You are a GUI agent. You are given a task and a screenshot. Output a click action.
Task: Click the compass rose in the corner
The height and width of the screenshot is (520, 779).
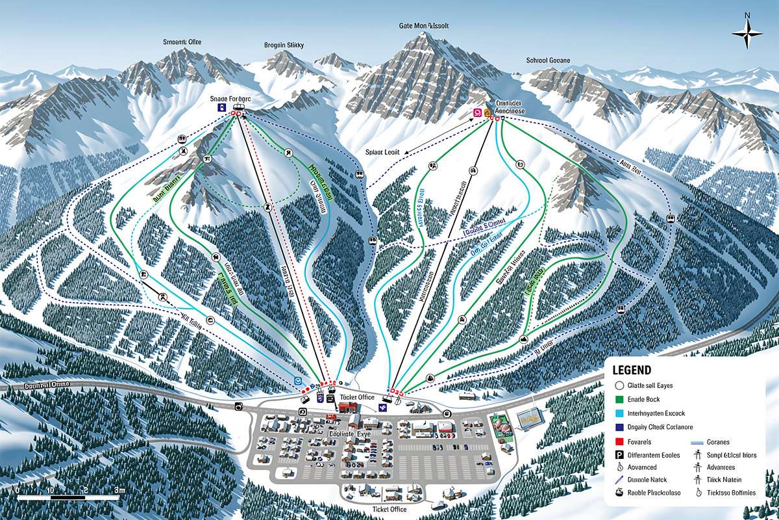(747, 32)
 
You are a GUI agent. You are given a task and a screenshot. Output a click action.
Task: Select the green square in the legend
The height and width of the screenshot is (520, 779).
(619, 399)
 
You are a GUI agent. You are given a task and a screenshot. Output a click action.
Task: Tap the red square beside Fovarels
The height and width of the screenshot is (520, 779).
(619, 441)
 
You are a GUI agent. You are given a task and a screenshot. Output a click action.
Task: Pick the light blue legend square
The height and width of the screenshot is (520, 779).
(619, 413)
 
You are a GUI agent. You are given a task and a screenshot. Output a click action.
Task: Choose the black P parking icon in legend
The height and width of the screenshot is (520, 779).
(619, 455)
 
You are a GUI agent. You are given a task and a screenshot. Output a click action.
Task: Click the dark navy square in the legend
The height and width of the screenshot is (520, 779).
(619, 427)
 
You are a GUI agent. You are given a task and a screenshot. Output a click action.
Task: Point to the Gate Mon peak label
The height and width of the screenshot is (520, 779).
(423, 26)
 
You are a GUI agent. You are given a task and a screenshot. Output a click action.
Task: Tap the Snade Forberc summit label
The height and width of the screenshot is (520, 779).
(230, 98)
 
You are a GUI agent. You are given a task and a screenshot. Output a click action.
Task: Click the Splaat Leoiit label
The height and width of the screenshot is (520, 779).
(382, 151)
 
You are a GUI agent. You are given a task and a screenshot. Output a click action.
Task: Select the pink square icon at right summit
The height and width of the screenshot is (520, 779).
(478, 112)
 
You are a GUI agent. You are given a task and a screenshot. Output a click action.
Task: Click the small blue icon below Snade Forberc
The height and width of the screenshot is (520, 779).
(222, 107)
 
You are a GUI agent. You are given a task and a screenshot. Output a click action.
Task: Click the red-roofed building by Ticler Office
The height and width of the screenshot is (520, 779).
(348, 407)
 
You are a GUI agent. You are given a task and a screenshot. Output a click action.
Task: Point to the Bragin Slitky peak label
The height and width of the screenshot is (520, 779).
(284, 45)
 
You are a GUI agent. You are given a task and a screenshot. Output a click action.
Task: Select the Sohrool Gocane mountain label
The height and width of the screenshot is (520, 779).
(547, 60)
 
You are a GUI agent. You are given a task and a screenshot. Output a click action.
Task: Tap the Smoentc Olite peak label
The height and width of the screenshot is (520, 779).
(182, 42)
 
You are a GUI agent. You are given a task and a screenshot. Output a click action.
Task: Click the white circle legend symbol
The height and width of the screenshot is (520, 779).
(619, 385)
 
